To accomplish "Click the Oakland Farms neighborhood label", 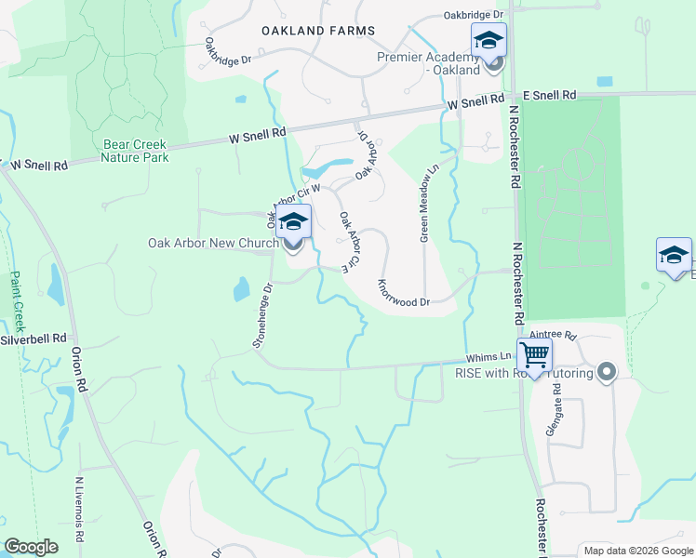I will (318, 31).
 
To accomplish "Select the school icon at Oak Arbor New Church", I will (293, 224).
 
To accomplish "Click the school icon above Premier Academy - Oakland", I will (489, 41).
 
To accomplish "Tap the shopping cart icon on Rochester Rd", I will (535, 354).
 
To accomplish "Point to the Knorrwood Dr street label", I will (403, 292).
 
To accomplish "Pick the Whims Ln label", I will (489, 357).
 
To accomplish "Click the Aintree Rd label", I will (554, 335).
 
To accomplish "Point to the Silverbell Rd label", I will (33, 339).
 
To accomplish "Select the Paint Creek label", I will (16, 301).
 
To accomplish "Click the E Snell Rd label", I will (549, 96).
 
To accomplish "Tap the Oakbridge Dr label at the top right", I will (473, 15).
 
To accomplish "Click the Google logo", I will (31, 547).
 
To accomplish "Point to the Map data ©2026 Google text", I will (637, 551).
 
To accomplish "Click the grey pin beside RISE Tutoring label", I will (607, 373).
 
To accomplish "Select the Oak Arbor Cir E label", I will (350, 242).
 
